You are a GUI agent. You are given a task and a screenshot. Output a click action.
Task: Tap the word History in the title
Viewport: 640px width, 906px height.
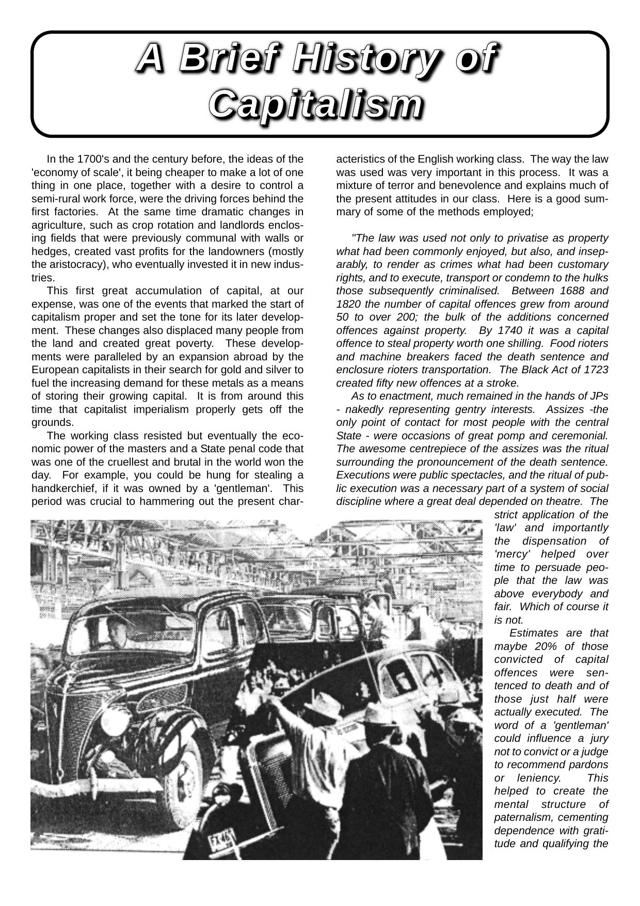[x=371, y=58]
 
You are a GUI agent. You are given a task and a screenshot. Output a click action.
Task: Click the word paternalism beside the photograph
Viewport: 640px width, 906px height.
[x=522, y=817]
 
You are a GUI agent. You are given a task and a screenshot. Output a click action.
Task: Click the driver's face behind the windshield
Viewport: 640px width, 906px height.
[x=118, y=631]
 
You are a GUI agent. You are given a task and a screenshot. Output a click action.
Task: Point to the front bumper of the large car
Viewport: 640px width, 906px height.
[x=98, y=785]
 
